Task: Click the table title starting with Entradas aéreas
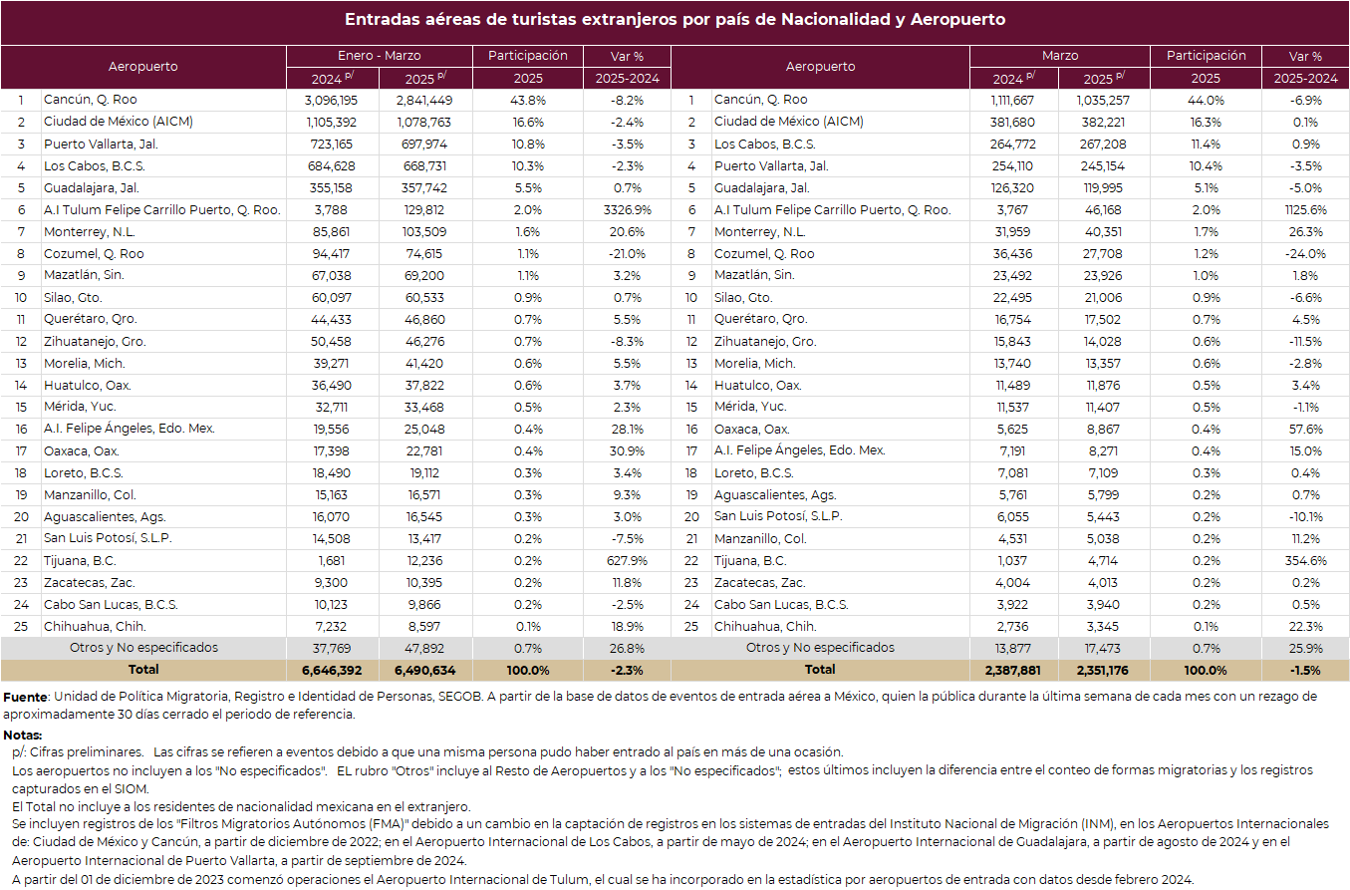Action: [675, 19]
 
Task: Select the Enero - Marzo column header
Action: [379, 56]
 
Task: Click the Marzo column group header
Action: [1060, 56]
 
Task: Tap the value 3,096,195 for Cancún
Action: [332, 100]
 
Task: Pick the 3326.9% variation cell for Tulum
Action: [627, 210]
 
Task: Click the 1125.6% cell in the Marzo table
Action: [1305, 210]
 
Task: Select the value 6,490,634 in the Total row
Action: [424, 670]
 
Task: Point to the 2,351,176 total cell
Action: [1103, 670]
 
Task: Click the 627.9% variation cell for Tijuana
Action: [627, 561]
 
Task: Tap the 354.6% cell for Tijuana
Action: [1305, 561]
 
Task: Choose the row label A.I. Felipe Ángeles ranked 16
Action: [129, 429]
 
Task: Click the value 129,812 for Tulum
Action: [424, 210]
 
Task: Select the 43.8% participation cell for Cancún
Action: [528, 100]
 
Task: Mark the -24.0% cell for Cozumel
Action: [1305, 254]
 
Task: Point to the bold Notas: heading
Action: [23, 736]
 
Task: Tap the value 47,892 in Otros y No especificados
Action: [424, 648]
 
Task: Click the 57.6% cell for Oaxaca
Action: [1305, 430]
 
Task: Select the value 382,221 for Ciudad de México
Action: [1103, 123]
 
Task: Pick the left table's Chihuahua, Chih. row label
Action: [95, 627]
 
